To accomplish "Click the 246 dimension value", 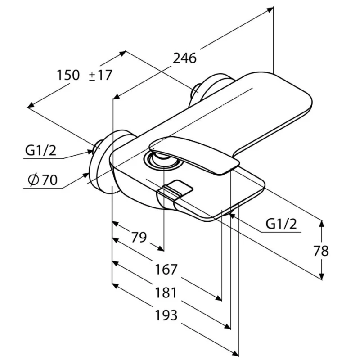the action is point(184,58).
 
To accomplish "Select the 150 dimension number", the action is point(68,75).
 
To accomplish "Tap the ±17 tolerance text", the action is point(100,75).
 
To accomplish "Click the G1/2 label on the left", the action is point(40,151).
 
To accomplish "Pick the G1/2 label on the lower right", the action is point(281,224).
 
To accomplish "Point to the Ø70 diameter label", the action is point(42,180).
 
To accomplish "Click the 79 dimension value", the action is point(139,237).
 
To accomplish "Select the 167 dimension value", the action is point(166,269).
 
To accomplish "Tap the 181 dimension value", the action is point(166,292).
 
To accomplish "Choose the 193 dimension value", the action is point(166,315).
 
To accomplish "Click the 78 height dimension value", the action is point(321,251).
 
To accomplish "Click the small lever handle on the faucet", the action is point(194,154).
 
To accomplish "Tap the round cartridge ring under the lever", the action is point(164,162).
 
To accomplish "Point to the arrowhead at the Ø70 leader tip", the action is point(86,175).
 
